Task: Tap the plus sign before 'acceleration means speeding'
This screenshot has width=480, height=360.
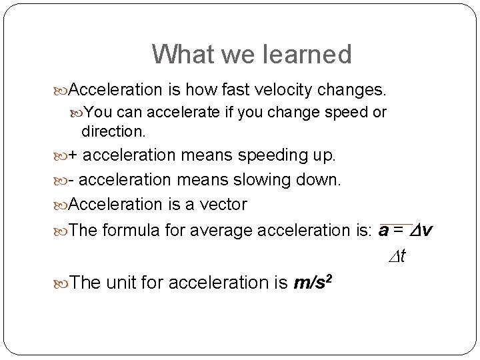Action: (x=73, y=156)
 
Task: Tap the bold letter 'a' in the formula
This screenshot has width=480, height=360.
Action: (x=384, y=231)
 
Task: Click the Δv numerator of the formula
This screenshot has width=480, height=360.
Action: (x=421, y=231)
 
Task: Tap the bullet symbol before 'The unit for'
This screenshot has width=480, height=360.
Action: (x=62, y=283)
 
